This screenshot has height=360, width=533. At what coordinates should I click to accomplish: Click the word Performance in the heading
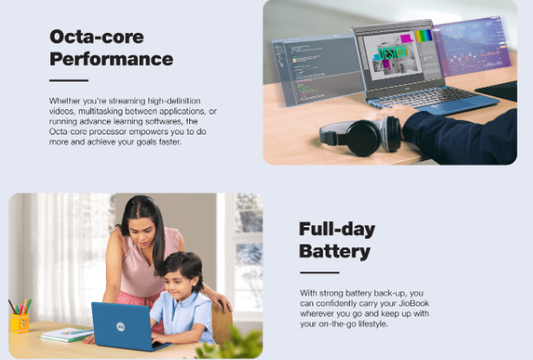click(x=111, y=59)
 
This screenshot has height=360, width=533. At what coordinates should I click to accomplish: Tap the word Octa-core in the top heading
click(x=96, y=36)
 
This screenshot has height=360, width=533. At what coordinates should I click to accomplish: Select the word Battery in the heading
click(x=335, y=252)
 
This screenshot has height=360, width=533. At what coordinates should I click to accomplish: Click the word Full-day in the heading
click(x=337, y=229)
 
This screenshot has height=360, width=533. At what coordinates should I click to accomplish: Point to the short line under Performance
click(x=69, y=81)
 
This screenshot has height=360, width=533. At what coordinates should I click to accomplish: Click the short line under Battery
click(x=319, y=272)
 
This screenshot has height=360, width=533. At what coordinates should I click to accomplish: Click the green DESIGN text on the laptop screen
click(x=393, y=53)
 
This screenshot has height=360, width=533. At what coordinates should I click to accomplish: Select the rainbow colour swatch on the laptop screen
click(x=423, y=36)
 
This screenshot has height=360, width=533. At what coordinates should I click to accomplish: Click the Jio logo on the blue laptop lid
click(x=121, y=327)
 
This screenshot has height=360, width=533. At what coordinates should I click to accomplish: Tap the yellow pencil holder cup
click(x=20, y=324)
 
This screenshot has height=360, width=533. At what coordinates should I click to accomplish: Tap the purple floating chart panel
click(x=472, y=46)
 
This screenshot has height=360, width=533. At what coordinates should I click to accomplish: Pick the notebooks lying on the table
click(x=67, y=334)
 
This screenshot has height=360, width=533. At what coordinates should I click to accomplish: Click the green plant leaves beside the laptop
click(x=231, y=344)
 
